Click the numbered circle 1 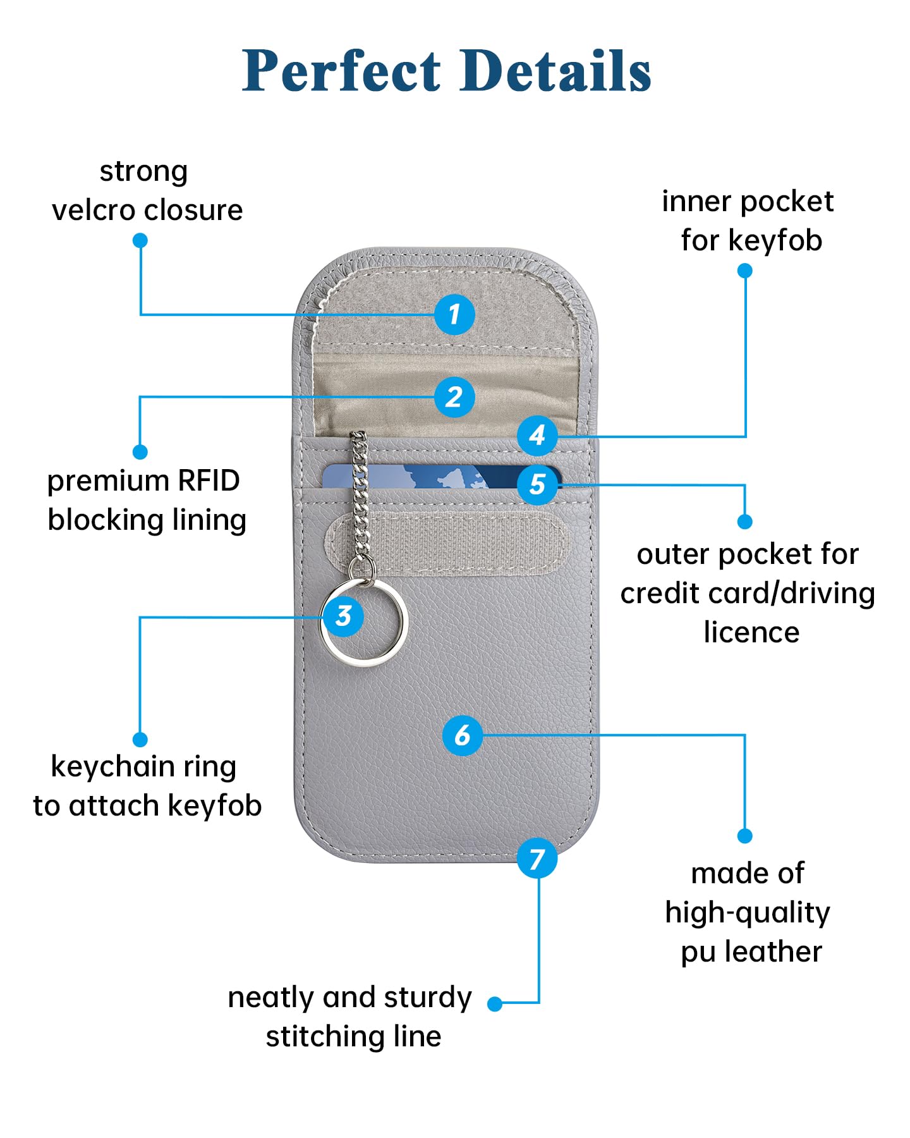tap(454, 314)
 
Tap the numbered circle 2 tap(454, 397)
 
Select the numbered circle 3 tap(343, 616)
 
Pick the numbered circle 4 tap(537, 435)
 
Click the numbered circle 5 tap(537, 485)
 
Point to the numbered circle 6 tap(463, 735)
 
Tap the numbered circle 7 tap(537, 858)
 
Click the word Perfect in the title tap(342, 70)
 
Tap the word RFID tap(209, 480)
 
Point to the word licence tap(751, 632)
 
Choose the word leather tap(773, 951)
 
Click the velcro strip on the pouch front tap(446, 543)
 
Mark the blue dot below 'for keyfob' tap(745, 271)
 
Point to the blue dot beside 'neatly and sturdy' tap(495, 1003)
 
